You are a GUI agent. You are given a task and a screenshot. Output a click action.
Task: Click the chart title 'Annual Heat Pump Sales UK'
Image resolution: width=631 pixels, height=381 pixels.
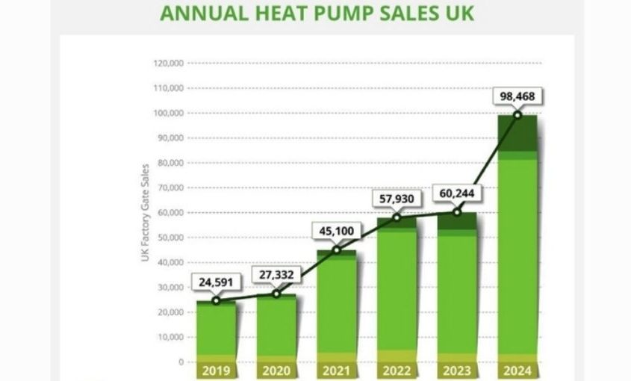coord(317,13)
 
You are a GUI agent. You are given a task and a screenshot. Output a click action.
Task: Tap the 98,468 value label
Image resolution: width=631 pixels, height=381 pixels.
coord(517,97)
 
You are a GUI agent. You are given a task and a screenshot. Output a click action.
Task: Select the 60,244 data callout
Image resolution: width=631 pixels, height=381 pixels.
coord(456,195)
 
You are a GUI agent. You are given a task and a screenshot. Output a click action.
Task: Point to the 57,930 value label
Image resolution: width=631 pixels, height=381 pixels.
coord(397,200)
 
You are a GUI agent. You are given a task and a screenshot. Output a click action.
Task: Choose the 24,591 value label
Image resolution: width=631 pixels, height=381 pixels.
coord(216,283)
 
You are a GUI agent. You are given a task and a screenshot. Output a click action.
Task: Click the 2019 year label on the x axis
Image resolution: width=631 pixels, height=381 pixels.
coord(216,370)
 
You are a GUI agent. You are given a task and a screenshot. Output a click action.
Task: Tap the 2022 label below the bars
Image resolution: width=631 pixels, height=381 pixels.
coord(396,370)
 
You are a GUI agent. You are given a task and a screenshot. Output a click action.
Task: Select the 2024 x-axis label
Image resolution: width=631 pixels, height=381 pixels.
coord(517,370)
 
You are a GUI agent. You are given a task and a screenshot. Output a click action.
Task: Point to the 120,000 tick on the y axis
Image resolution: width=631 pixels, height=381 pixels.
coord(169,63)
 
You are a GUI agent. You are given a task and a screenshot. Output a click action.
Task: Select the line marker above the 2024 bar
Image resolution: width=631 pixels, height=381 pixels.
coord(517,114)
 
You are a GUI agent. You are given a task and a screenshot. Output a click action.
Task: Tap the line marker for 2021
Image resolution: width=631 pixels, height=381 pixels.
coord(336,250)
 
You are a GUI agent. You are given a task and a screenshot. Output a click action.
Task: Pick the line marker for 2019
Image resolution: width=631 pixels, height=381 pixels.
coord(216,300)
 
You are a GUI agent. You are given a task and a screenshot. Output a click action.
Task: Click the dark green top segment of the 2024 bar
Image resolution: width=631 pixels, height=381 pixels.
coord(517,133)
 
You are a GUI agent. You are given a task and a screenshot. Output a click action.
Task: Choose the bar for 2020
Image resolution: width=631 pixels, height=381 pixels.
coord(276,329)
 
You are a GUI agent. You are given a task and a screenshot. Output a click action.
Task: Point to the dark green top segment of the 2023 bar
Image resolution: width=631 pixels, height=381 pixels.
coord(456,221)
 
